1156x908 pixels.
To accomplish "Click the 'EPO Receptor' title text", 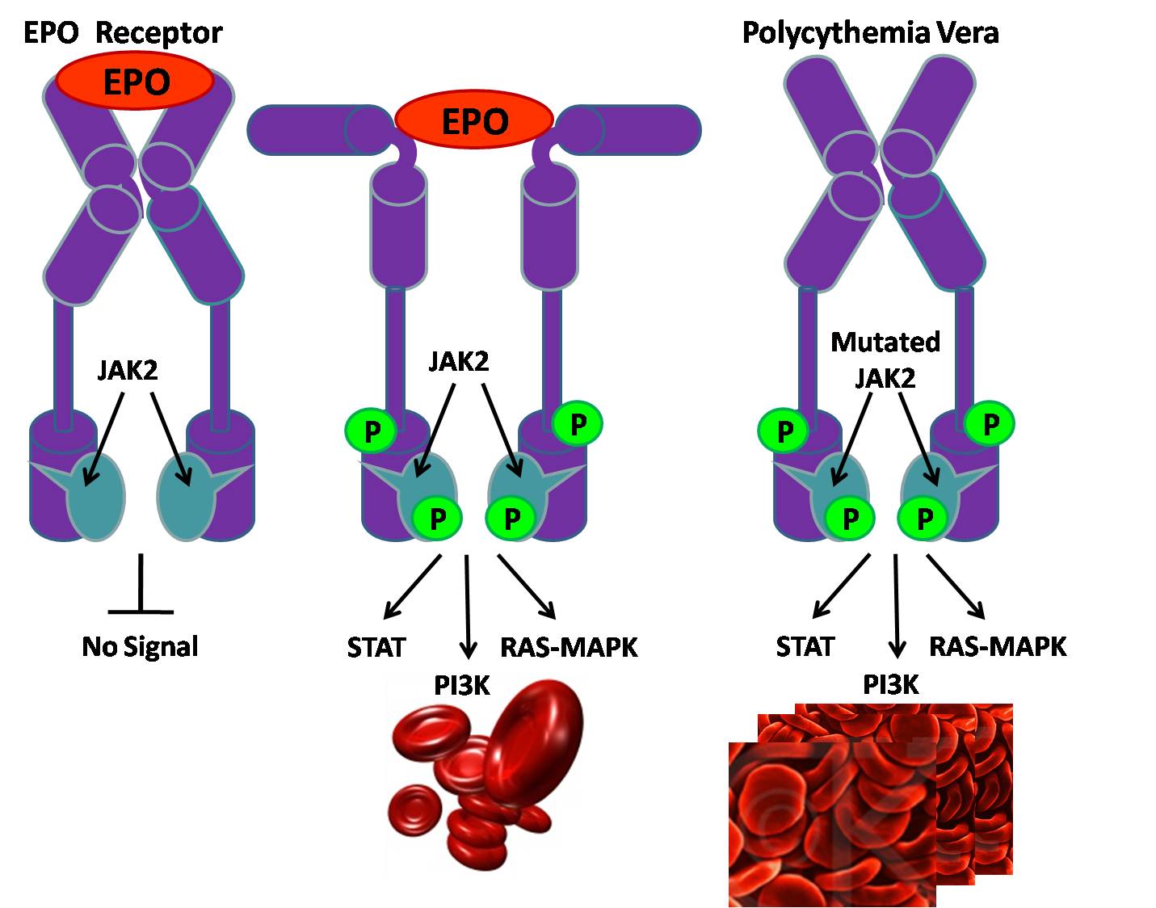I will pyautogui.click(x=122, y=33).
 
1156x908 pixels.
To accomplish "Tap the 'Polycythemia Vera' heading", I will pyautogui.click(x=869, y=33).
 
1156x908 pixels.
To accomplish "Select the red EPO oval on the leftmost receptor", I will pyautogui.click(x=135, y=81).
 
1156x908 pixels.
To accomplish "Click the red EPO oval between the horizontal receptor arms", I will pyautogui.click(x=473, y=121).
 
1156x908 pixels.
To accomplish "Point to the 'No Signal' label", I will pyautogui.click(x=140, y=647).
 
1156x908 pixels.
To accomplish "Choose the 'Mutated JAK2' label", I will pyautogui.click(x=885, y=359).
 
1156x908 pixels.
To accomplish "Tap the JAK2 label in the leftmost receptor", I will pyautogui.click(x=128, y=369).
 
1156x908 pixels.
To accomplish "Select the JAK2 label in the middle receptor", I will pyautogui.click(x=458, y=361).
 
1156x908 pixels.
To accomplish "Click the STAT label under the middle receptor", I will pyautogui.click(x=376, y=647).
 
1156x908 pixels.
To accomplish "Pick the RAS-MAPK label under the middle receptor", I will pyautogui.click(x=569, y=647).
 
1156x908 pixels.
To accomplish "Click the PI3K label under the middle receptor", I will pyautogui.click(x=461, y=685).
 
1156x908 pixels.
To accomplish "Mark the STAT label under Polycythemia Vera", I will pyautogui.click(x=805, y=647).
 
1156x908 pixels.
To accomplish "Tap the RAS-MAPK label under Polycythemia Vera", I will pyautogui.click(x=998, y=647).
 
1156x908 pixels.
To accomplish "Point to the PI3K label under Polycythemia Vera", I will pyautogui.click(x=890, y=685).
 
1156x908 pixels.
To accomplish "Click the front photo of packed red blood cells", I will pyautogui.click(x=832, y=824).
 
